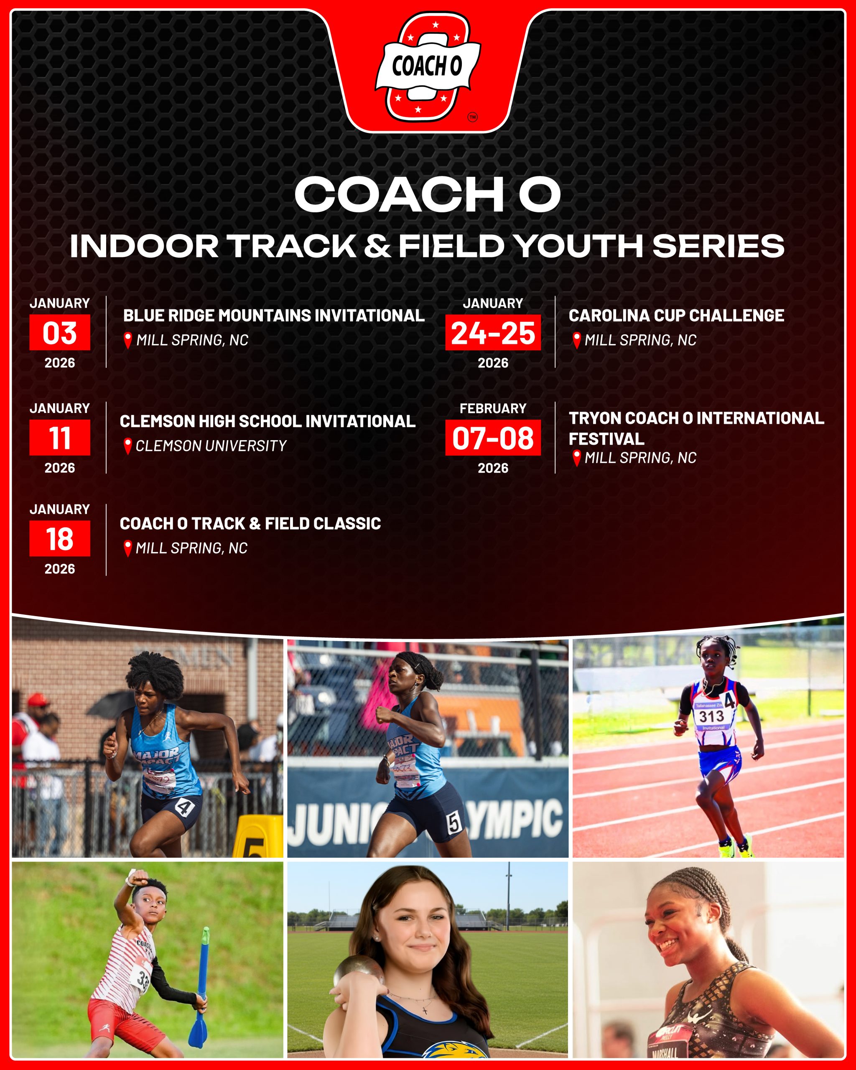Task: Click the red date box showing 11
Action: (59, 437)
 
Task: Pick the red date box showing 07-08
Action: (493, 437)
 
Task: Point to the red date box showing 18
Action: (59, 538)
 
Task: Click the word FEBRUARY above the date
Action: (493, 408)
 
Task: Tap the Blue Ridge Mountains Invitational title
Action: (274, 315)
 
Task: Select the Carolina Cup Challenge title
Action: (676, 315)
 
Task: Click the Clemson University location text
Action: (211, 446)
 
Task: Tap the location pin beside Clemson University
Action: (127, 446)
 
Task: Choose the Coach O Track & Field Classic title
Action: (250, 523)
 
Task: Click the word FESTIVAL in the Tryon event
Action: (606, 439)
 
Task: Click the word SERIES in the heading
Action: (718, 246)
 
